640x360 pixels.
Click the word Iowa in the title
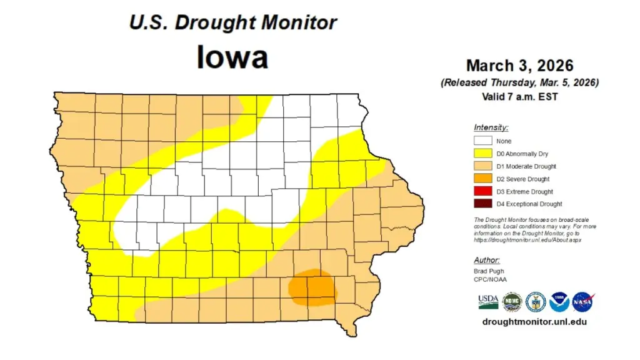click(232, 57)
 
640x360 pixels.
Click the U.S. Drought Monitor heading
click(232, 23)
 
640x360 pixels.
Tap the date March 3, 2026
click(519, 66)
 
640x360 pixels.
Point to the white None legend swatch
click(482, 141)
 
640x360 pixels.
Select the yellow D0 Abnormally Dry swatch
click(482, 154)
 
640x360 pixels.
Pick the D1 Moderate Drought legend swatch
click(482, 166)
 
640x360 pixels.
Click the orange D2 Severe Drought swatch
click(482, 179)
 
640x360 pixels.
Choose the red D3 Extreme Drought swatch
click(482, 191)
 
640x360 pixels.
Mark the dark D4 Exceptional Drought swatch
click(482, 204)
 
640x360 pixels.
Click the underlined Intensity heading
click(491, 127)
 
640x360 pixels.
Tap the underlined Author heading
click(486, 260)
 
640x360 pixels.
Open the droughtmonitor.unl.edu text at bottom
click(534, 322)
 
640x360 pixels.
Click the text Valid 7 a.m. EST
click(519, 97)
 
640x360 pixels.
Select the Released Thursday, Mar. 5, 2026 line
click(519, 82)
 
